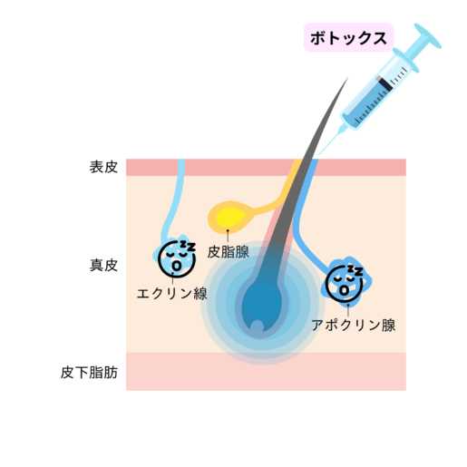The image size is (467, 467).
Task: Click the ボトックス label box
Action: pyautogui.click(x=348, y=37)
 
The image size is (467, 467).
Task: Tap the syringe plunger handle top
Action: pyautogui.click(x=428, y=35)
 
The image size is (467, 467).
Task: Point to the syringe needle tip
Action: pyautogui.click(x=319, y=154)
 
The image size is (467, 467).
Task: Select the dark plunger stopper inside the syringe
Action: pyautogui.click(x=385, y=83)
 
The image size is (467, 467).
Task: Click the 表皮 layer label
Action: pyautogui.click(x=103, y=167)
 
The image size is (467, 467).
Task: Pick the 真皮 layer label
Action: pyautogui.click(x=103, y=265)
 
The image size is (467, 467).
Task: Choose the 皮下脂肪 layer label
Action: pyautogui.click(x=89, y=372)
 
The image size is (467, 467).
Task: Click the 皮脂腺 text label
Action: pyautogui.click(x=229, y=252)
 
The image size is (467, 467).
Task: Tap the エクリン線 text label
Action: pyautogui.click(x=172, y=293)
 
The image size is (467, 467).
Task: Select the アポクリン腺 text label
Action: pyautogui.click(x=354, y=326)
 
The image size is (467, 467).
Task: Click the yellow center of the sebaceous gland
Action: pyautogui.click(x=231, y=217)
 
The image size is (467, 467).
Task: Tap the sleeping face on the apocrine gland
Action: pyautogui.click(x=345, y=284)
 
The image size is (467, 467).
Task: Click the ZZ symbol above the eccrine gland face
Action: pyautogui.click(x=188, y=246)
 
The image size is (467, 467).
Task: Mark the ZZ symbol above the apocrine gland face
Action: pyautogui.click(x=355, y=270)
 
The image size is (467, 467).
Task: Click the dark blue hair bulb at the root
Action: pyautogui.click(x=262, y=306)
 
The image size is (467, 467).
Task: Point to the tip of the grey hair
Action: pyautogui.click(x=348, y=77)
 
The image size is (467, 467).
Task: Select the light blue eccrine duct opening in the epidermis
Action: pyautogui.click(x=181, y=167)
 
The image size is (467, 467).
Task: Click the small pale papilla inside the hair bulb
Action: pyautogui.click(x=258, y=326)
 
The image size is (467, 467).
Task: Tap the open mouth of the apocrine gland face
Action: pyautogui.click(x=344, y=290)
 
